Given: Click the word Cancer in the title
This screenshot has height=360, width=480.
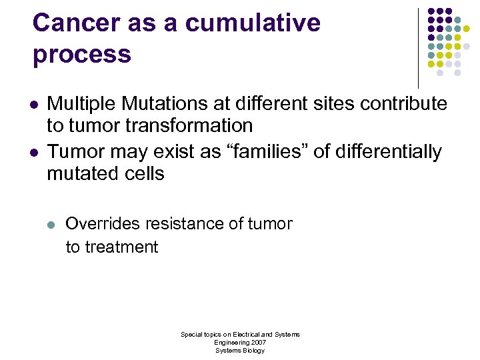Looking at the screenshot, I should (75, 23).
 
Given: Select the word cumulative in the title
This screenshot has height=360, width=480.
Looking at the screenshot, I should (253, 23).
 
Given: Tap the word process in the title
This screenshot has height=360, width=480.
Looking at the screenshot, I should (81, 54).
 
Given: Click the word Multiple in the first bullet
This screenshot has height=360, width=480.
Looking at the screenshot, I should (78, 103).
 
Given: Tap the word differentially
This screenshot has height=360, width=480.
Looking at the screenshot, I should (387, 152).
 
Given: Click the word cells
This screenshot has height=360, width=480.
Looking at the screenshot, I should (143, 174).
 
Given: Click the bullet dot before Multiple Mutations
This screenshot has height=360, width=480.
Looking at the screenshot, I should (33, 105).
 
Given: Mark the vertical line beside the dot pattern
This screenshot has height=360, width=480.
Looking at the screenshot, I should (418, 47).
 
